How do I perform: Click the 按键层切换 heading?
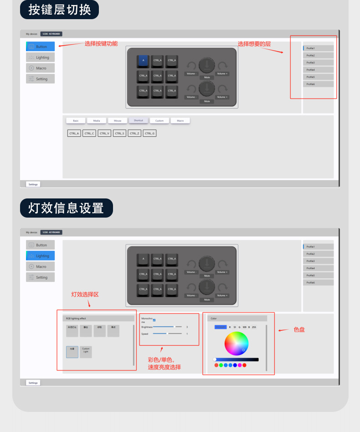click(x=59, y=10)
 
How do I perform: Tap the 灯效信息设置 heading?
click(x=66, y=208)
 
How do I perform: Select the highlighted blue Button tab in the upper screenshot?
click(x=41, y=47)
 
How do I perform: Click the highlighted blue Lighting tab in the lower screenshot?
click(x=41, y=256)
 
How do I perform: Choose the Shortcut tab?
click(x=139, y=120)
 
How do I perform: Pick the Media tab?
click(x=97, y=121)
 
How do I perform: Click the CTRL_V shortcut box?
click(x=104, y=134)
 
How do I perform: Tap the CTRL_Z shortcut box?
click(x=134, y=134)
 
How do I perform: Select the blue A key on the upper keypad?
click(x=143, y=61)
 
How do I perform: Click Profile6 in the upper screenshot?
click(x=318, y=84)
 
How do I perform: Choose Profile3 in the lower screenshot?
click(x=318, y=261)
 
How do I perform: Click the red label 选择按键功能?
click(x=101, y=44)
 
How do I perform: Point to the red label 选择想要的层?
click(x=254, y=44)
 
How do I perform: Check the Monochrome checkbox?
click(x=154, y=320)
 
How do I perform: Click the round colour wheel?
click(x=237, y=343)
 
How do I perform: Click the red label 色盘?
click(x=299, y=329)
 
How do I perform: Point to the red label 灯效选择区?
click(x=85, y=295)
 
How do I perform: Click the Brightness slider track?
click(x=167, y=327)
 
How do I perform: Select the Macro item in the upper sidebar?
click(x=41, y=68)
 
